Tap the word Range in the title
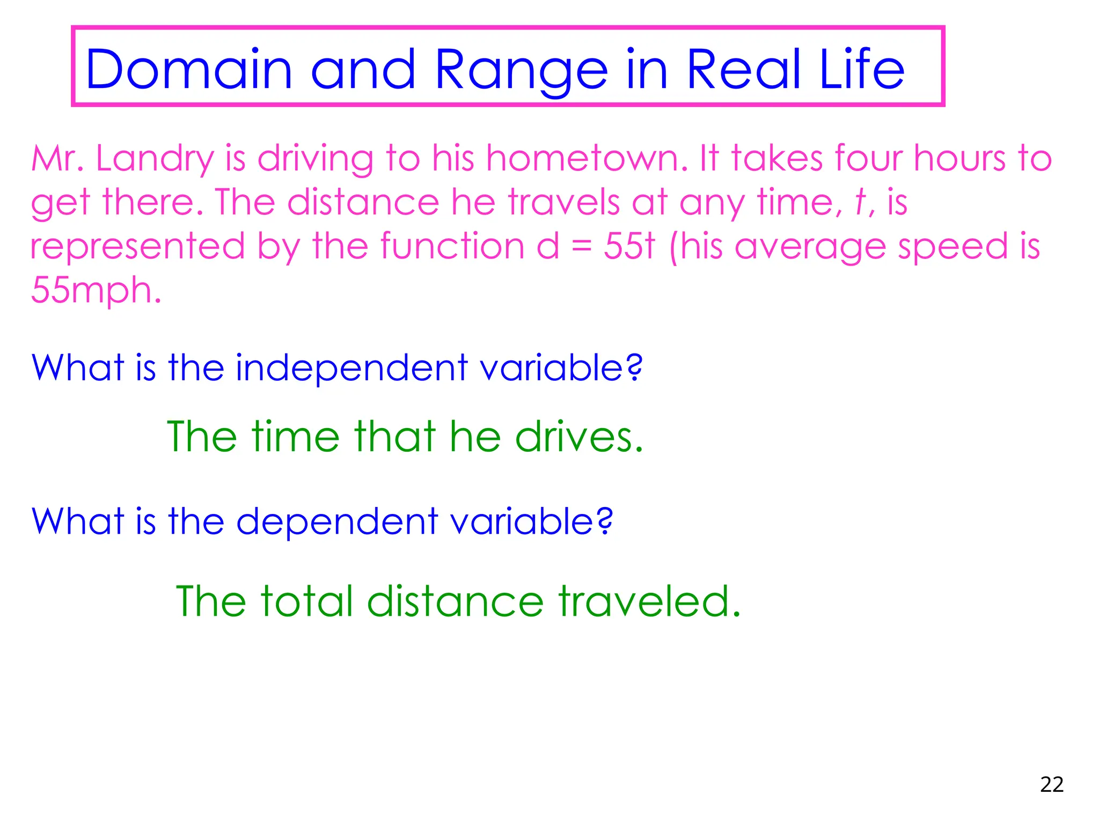tap(521, 70)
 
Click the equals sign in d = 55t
tap(581, 248)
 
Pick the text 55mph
tap(96, 290)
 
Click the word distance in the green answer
tap(456, 601)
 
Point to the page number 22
tap(1051, 785)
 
